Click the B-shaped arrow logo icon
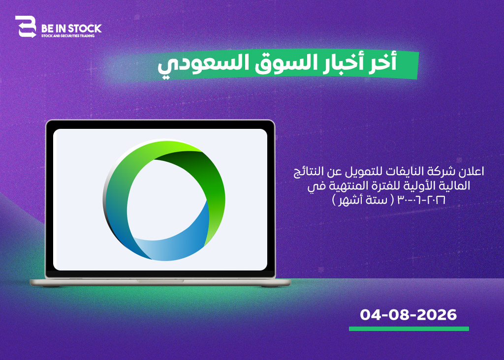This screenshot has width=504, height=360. point(26,27)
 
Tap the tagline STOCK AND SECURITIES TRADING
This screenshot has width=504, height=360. point(68,36)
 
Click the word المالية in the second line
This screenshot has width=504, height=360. point(456,185)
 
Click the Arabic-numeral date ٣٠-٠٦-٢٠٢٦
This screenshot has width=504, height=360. point(421,200)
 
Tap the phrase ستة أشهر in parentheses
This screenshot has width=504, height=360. point(363,200)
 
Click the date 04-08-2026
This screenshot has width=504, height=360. point(408,315)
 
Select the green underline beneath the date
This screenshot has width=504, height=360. point(409,329)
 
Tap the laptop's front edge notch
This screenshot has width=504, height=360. point(160,281)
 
